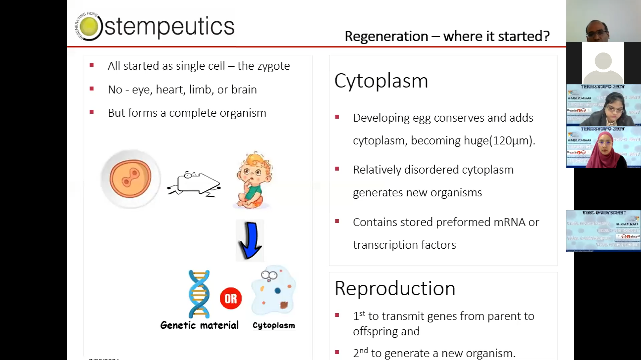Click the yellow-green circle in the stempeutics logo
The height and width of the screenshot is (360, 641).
[89, 26]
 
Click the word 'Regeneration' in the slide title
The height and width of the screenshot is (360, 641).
[386, 36]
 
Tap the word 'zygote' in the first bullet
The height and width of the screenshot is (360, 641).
[273, 66]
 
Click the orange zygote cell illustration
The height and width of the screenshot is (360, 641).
[131, 179]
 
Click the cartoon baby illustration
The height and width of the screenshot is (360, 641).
[253, 180]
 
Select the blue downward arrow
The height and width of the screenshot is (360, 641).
[250, 240]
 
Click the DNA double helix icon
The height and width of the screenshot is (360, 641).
[199, 294]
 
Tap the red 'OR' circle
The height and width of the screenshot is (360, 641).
[231, 298]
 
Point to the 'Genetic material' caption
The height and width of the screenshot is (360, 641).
[199, 325]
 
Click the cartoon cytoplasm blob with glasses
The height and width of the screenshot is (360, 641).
[273, 290]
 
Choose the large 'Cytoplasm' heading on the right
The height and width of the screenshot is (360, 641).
[381, 81]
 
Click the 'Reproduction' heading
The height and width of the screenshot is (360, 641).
[395, 288]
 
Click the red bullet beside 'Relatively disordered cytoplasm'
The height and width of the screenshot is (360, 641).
[337, 169]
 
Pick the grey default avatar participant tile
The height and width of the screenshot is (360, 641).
[603, 63]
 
